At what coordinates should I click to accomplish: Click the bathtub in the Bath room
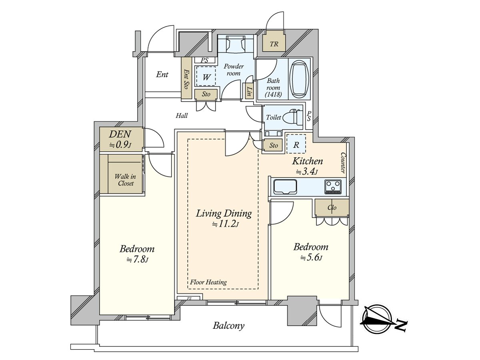pos(299,79)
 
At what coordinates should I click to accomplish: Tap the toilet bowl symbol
pos(292,117)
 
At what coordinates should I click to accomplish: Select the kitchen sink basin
pos(285,187)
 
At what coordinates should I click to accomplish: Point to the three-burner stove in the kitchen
pos(333,187)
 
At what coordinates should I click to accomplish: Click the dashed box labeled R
pos(296,144)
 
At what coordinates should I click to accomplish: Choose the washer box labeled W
pos(206,76)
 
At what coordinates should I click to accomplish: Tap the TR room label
pos(274,44)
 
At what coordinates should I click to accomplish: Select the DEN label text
pos(120,134)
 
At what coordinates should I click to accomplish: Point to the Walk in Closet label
pos(125,180)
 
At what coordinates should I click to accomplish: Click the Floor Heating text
pos(208,282)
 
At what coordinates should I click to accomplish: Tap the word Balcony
pos(228,326)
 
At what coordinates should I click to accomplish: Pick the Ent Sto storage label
pos(186,79)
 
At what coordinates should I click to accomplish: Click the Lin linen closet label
pos(249,91)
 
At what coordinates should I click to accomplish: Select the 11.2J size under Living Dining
pos(225,224)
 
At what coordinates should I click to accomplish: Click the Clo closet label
pos(332,207)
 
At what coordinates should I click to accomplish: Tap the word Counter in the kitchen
pos(343,163)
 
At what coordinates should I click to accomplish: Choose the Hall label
pos(182,115)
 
